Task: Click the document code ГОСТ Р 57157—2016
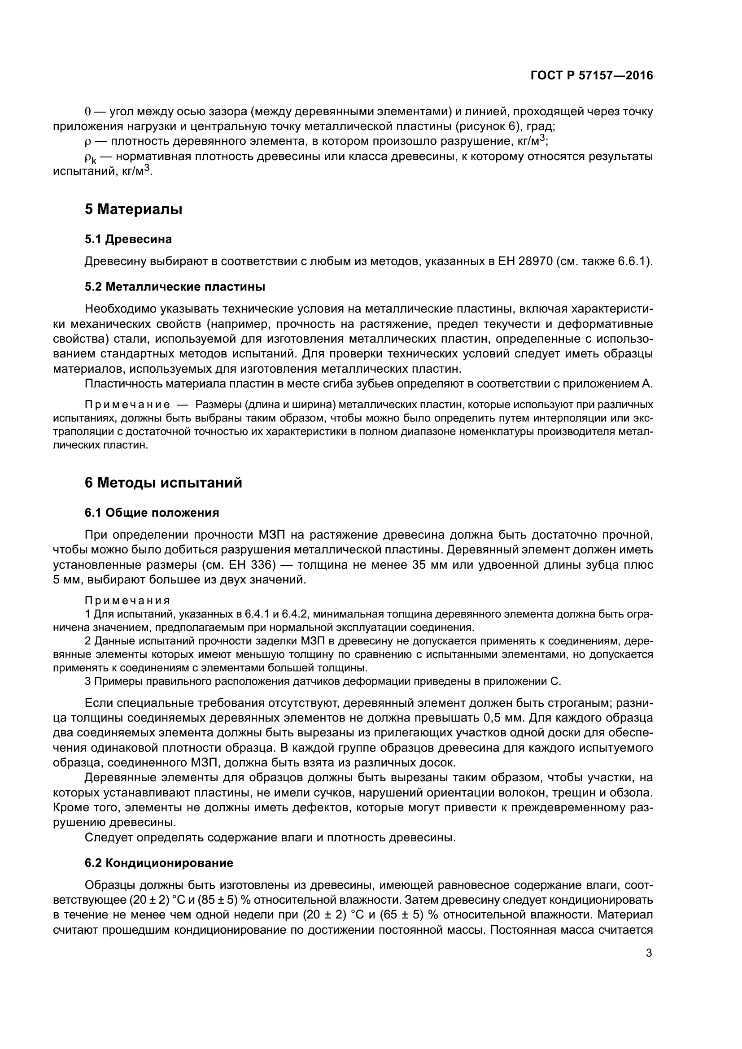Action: point(592,76)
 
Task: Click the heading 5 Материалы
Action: point(133,209)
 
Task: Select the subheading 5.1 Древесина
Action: point(128,239)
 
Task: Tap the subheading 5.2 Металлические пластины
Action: point(175,287)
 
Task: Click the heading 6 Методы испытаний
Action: point(163,483)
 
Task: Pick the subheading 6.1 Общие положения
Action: point(152,513)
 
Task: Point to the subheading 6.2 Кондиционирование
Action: point(158,863)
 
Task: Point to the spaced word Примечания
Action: point(127,601)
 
